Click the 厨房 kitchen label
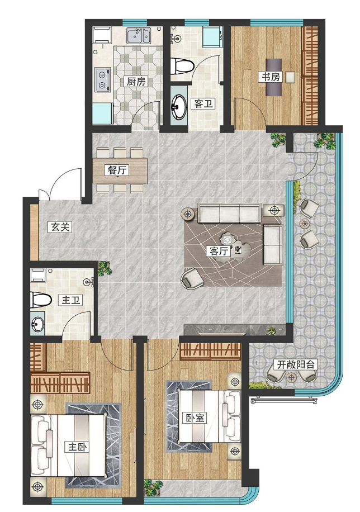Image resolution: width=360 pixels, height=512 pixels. pyautogui.click(x=136, y=81)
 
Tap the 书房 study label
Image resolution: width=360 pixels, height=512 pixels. pyautogui.click(x=271, y=77)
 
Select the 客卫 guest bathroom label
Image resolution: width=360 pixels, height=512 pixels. pyautogui.click(x=203, y=104)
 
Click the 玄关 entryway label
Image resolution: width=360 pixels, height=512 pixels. pyautogui.click(x=60, y=226)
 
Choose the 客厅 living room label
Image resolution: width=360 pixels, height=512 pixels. pyautogui.click(x=219, y=251)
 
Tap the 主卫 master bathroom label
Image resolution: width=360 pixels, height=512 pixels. pyautogui.click(x=70, y=300)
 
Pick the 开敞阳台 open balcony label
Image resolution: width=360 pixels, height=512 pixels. pyautogui.click(x=295, y=364)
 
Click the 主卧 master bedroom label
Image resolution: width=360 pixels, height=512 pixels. pyautogui.click(x=78, y=447)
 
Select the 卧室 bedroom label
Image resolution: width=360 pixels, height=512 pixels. pyautogui.click(x=196, y=418)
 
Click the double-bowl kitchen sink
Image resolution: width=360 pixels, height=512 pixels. pyautogui.click(x=139, y=36)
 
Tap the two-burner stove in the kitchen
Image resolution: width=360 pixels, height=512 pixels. pyautogui.click(x=102, y=80)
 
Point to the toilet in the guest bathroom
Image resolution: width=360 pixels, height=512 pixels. pyautogui.click(x=182, y=65)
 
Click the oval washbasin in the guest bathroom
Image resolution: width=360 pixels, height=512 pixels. pyautogui.click(x=178, y=106)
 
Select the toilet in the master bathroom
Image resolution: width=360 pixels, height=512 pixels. pyautogui.click(x=40, y=300)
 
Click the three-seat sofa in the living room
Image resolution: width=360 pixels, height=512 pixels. pyautogui.click(x=229, y=213)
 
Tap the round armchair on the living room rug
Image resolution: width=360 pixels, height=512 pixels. pyautogui.click(x=192, y=278)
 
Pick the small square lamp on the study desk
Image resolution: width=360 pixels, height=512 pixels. pyautogui.click(x=290, y=77)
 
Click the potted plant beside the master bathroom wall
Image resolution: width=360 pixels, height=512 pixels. pyautogui.click(x=105, y=268)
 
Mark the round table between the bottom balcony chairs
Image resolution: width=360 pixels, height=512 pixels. pyautogui.click(x=291, y=378)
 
